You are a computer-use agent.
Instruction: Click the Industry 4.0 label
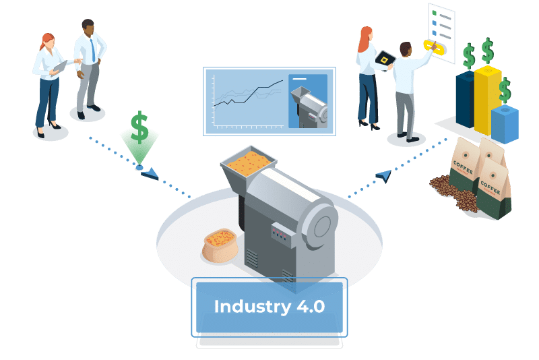coord(269,307)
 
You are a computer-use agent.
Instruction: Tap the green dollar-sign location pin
coord(139,138)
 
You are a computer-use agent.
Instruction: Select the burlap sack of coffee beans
coord(220,245)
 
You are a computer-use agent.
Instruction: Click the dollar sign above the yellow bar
coord(486,50)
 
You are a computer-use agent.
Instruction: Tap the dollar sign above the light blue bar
coord(505,90)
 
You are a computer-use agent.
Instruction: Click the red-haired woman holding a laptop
coord(49,81)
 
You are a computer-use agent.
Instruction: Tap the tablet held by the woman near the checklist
coord(385,60)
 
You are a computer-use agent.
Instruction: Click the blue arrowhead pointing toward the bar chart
coord(383,176)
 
